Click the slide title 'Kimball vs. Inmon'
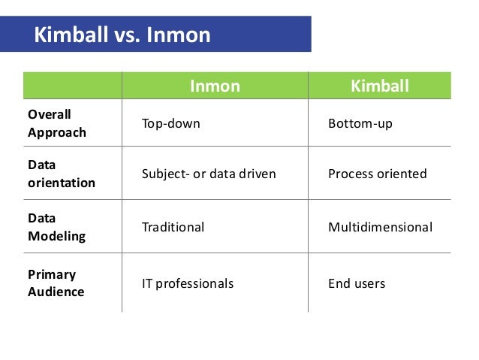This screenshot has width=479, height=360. [122, 35]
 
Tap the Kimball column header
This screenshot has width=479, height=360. [380, 86]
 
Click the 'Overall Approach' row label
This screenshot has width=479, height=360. [57, 123]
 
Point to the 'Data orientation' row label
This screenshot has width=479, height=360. [62, 174]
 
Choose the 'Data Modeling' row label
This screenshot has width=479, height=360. [57, 227]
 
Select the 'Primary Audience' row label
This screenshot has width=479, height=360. [57, 283]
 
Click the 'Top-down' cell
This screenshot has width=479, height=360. [171, 123]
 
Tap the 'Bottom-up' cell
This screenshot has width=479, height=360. [360, 123]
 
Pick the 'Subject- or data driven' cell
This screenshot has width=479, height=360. [209, 174]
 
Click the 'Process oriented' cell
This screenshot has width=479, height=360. [378, 174]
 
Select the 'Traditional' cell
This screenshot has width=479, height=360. [173, 227]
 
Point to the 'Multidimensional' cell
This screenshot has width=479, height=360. [381, 227]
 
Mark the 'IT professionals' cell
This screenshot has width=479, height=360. [188, 284]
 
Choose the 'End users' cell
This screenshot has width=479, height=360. [357, 284]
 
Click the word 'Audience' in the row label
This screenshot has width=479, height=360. [57, 292]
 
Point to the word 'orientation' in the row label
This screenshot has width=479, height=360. [62, 183]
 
